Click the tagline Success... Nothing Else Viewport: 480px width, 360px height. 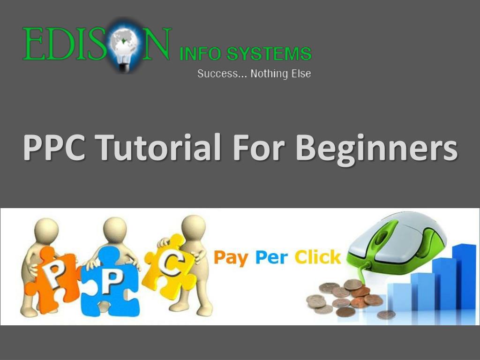coord(254,74)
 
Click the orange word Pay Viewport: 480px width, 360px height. coord(231,257)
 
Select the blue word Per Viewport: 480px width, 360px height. coord(271,257)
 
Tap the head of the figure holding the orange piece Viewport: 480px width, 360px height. coord(47,230)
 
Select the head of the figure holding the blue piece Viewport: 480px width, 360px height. coord(115,229)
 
